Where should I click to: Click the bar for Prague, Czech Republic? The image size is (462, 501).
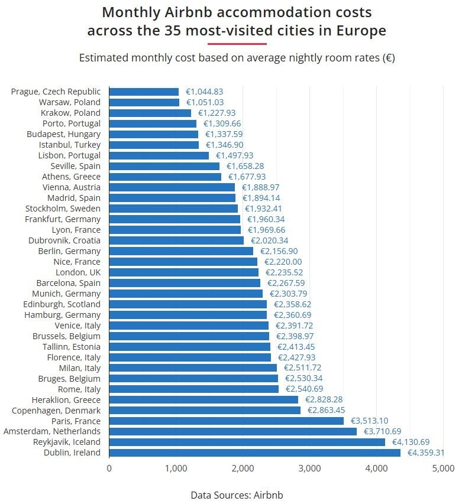coord(144,92)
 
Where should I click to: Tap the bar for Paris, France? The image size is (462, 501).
coord(226,421)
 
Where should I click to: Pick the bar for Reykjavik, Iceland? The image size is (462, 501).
coord(247,442)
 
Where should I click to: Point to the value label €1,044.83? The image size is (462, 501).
coord(204,92)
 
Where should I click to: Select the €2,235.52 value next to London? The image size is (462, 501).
coord(285,272)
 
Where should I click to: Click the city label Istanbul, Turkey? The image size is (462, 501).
coord(70,145)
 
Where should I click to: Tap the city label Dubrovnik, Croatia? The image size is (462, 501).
coord(64,240)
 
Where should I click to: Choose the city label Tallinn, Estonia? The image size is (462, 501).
coord(72,346)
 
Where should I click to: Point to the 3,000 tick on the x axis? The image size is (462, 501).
coord(309,469)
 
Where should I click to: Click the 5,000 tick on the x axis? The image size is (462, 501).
coord(443,469)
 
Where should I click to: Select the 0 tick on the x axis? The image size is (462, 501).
coord(109,469)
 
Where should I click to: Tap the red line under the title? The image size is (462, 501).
coord(237,44)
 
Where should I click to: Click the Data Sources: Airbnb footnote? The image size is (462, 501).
coord(237,495)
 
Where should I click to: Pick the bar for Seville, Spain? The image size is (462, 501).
coord(164,166)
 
